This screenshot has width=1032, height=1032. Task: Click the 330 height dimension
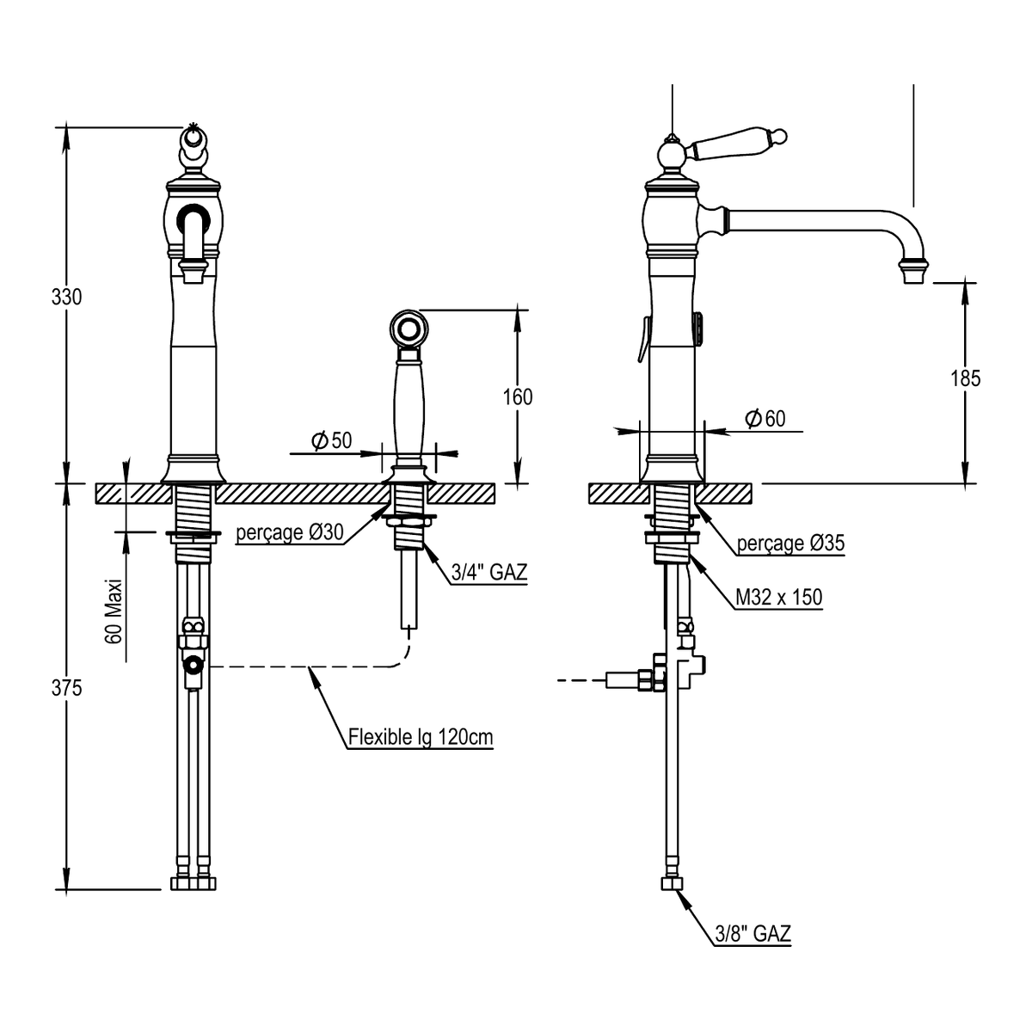(x=66, y=298)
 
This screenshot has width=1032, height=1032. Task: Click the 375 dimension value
(x=66, y=689)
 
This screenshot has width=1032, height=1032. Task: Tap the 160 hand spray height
(x=518, y=397)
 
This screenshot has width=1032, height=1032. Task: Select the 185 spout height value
(x=965, y=378)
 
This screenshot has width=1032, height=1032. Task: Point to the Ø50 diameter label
(x=331, y=441)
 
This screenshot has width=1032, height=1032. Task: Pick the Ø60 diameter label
(x=765, y=418)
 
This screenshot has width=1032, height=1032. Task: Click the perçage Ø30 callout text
(x=290, y=532)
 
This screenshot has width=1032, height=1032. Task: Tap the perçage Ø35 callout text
(x=790, y=543)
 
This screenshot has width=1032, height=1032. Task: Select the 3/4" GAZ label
(x=489, y=572)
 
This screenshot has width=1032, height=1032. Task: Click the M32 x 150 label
(x=778, y=597)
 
